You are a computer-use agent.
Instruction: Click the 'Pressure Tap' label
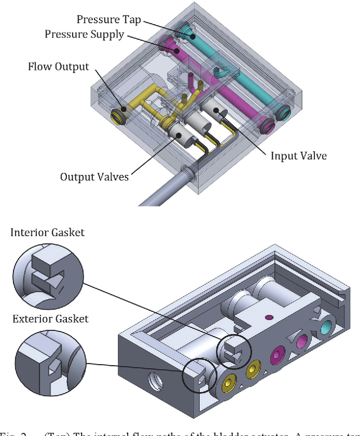108,20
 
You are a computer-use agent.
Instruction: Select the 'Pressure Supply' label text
92,34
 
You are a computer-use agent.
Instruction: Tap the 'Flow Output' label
58,67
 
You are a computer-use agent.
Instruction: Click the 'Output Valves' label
94,176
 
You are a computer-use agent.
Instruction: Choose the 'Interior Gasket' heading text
47,232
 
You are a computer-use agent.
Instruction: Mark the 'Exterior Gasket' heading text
51,319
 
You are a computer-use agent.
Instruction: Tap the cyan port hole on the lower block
325,328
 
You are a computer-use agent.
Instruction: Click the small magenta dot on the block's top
269,317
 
